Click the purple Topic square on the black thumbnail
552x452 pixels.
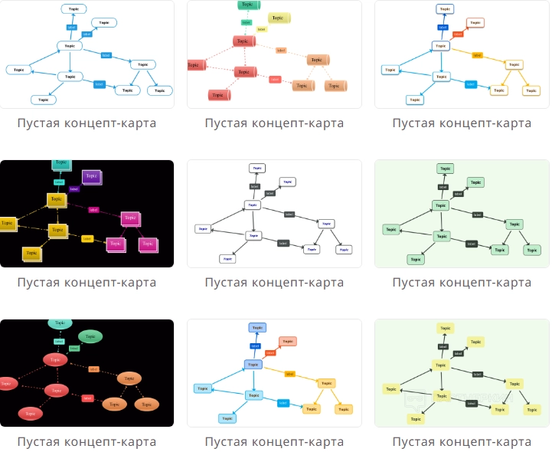click(91, 176)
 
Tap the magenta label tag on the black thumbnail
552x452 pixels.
click(93, 209)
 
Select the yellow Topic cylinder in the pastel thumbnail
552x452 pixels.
click(278, 18)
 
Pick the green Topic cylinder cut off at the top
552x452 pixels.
click(246, 5)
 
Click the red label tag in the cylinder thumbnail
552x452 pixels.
click(275, 79)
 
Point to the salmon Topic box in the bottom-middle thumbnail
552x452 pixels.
click(287, 341)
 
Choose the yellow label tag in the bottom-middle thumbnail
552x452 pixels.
click(289, 374)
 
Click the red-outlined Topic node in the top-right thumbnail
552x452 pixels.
click(475, 23)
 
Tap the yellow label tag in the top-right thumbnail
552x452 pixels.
click(477, 55)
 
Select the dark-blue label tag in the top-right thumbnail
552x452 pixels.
click(443, 27)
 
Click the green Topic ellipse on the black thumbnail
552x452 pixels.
click(90, 336)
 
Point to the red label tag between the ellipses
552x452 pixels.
click(87, 398)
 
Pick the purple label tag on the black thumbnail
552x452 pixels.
click(74, 188)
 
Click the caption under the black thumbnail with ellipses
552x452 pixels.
click(87, 441)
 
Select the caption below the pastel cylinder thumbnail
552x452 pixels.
click(274, 123)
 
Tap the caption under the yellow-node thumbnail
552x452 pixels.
click(462, 441)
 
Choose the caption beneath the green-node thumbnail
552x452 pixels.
click(462, 282)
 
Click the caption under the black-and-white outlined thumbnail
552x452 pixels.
click(274, 282)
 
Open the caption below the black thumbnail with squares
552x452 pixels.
click(87, 282)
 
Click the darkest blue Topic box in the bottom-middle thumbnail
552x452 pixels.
click(256, 328)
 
